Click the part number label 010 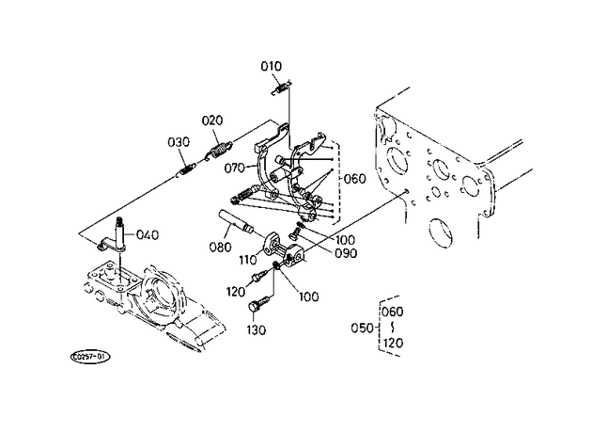(x=271, y=67)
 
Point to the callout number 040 (x=148, y=234)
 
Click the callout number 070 (x=235, y=168)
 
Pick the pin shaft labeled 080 (x=236, y=222)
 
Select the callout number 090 (x=346, y=253)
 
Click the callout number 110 (x=248, y=260)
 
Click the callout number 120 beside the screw (x=236, y=292)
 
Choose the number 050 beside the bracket (x=362, y=328)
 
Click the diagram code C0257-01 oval (x=90, y=357)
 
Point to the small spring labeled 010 (x=282, y=88)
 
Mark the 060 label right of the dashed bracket (x=355, y=179)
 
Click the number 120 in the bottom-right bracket (x=393, y=343)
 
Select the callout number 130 (x=257, y=330)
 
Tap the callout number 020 (x=212, y=120)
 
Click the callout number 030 (x=179, y=142)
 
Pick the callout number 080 (x=220, y=247)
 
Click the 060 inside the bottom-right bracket (x=393, y=312)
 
